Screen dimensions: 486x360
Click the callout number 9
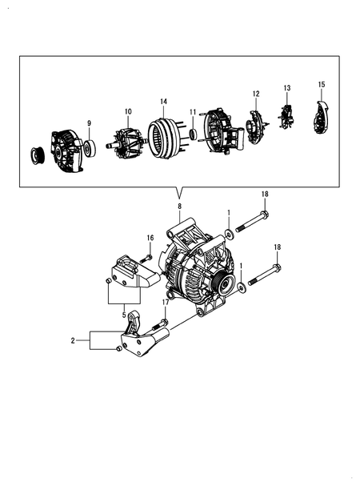tap(89, 123)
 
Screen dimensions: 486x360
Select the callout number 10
tap(127, 111)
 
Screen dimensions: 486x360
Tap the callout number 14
tap(163, 102)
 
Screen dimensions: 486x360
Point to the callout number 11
tap(193, 112)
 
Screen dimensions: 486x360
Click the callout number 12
tap(257, 94)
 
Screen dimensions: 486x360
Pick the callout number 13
tap(286, 87)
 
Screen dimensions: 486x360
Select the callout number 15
tap(322, 84)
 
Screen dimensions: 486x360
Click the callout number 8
tap(179, 207)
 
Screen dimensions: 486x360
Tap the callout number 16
tap(149, 238)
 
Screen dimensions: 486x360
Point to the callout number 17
tap(166, 302)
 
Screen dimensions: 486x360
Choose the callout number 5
tap(124, 315)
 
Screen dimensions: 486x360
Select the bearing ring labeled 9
tap(89, 147)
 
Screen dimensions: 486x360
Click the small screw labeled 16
tap(145, 258)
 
